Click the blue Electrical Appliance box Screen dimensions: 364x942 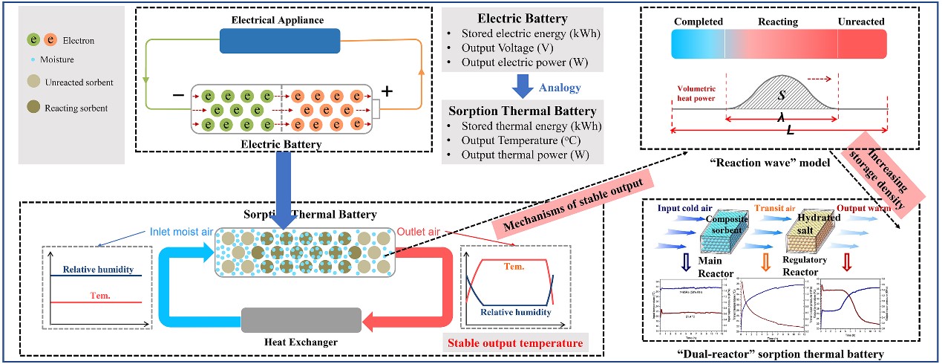[280, 41]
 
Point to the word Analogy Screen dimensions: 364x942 [560, 88]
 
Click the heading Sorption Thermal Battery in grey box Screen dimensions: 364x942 [525, 111]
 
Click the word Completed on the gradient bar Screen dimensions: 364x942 [697, 22]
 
